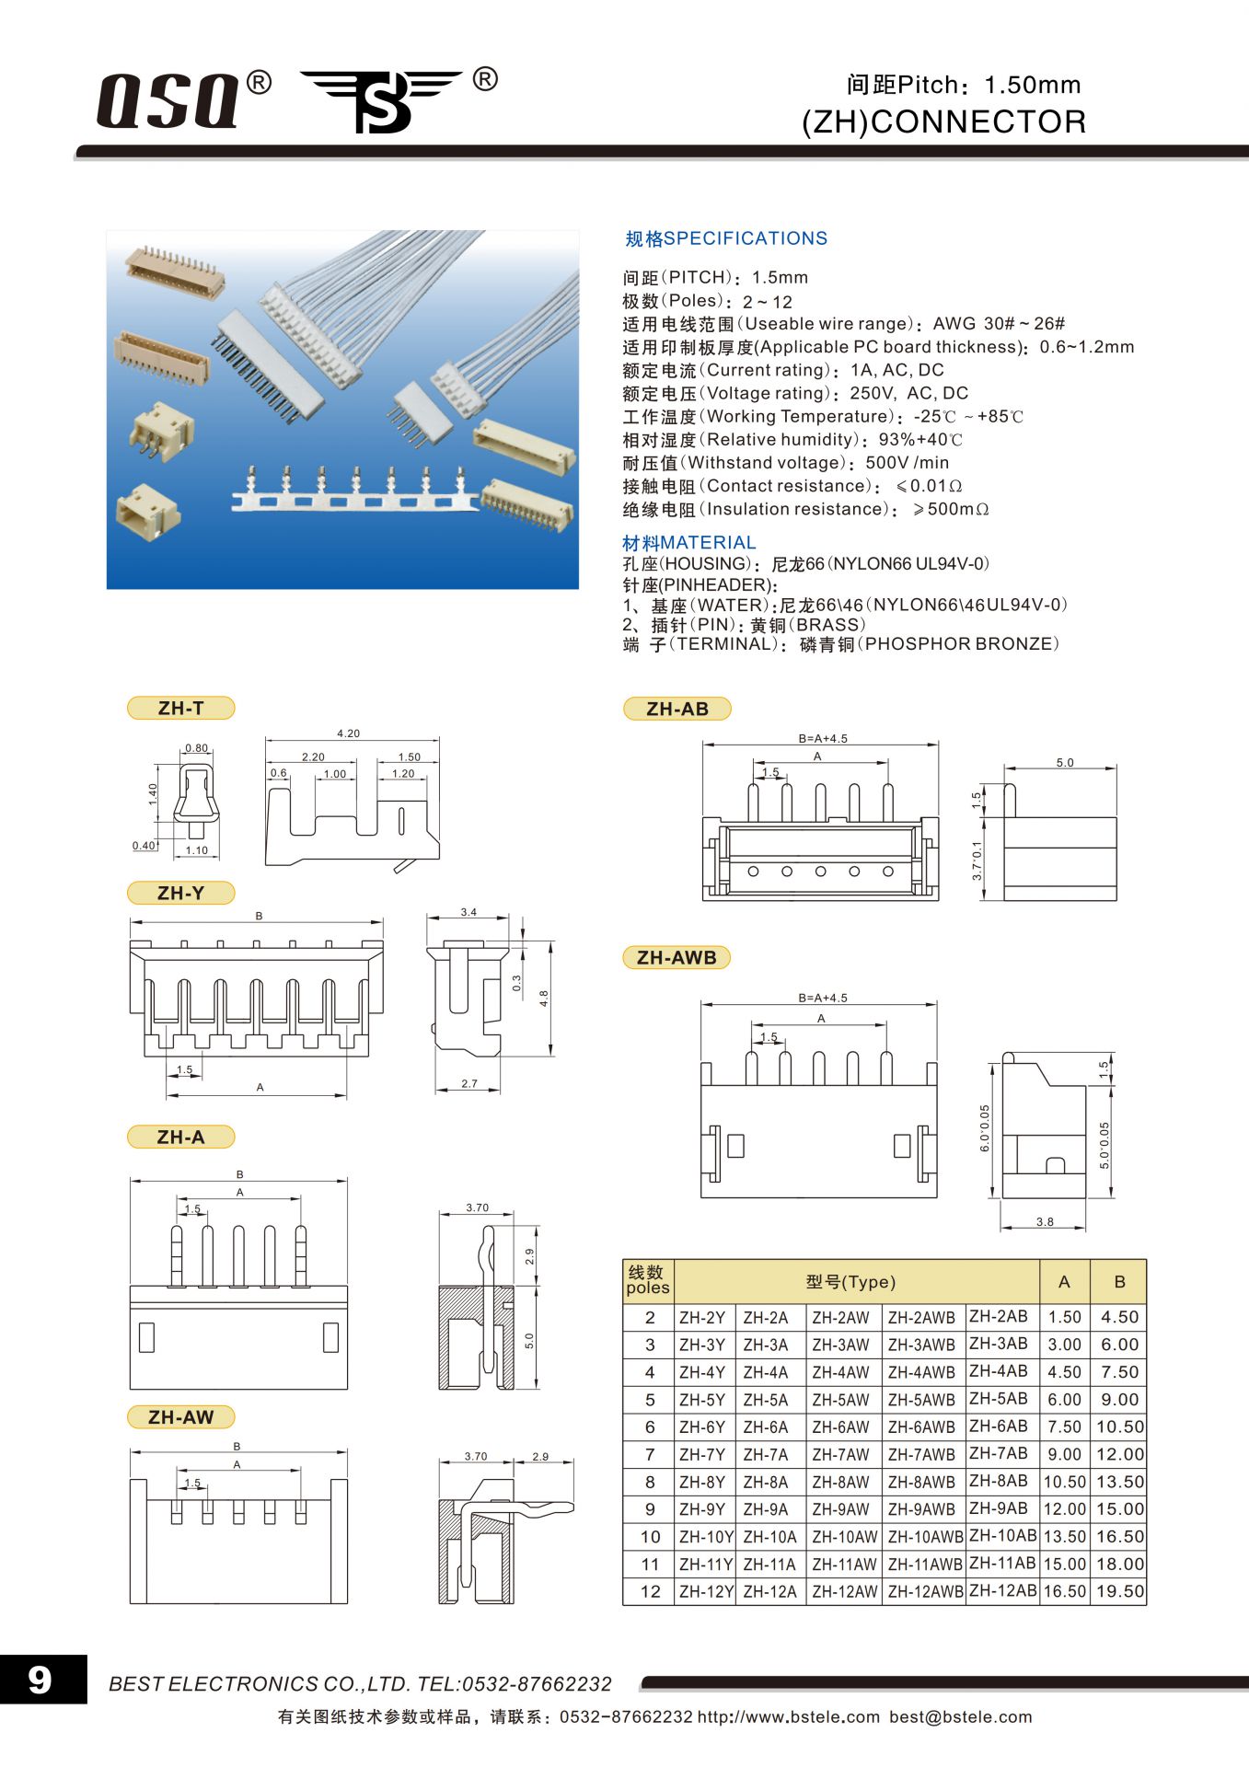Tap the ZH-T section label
tap(180, 708)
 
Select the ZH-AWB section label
tap(677, 957)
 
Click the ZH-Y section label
tap(180, 893)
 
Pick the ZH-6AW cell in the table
tap(840, 1426)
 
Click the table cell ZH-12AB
tap(1002, 1589)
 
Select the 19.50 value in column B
tap(1119, 1591)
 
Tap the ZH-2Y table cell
tap(702, 1317)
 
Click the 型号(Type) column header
tap(850, 1282)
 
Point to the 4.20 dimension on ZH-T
tap(348, 733)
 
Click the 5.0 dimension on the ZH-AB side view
tap(1064, 762)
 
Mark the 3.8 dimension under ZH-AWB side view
tap(1045, 1222)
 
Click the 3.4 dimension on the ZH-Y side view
tap(468, 912)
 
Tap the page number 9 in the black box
tap(40, 1680)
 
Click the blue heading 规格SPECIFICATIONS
tap(726, 238)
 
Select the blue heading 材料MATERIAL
tap(689, 543)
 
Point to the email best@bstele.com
tap(960, 1716)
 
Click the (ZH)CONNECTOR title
tap(943, 121)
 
